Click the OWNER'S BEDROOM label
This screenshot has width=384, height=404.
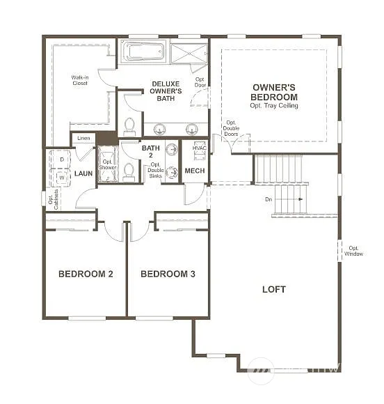click(x=274, y=92)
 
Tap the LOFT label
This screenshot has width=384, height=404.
click(x=273, y=289)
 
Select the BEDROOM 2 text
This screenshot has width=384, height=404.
click(x=86, y=274)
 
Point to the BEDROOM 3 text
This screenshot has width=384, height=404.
click(x=168, y=274)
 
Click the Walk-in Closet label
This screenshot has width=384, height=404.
click(x=80, y=80)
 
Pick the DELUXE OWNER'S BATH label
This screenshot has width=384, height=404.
click(x=166, y=91)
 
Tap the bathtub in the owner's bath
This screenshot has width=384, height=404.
click(x=143, y=52)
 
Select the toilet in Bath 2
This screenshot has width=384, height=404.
click(x=129, y=171)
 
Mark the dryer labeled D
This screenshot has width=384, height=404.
click(x=61, y=160)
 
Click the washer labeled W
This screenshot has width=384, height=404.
click(x=61, y=178)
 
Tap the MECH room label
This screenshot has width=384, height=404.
click(x=195, y=171)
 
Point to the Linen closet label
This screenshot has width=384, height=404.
click(x=83, y=138)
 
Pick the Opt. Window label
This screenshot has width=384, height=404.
click(x=353, y=251)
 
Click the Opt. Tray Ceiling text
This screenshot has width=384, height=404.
click(x=274, y=106)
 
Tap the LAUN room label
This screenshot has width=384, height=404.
click(x=83, y=173)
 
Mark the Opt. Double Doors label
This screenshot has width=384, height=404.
click(x=230, y=129)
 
